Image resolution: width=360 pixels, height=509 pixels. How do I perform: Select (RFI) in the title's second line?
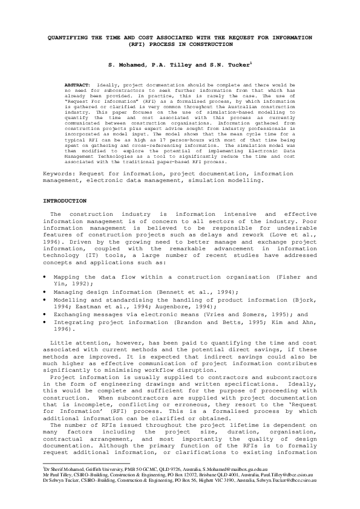coord(137,44)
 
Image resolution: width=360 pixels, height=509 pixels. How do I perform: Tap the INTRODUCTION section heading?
coord(65,200)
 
